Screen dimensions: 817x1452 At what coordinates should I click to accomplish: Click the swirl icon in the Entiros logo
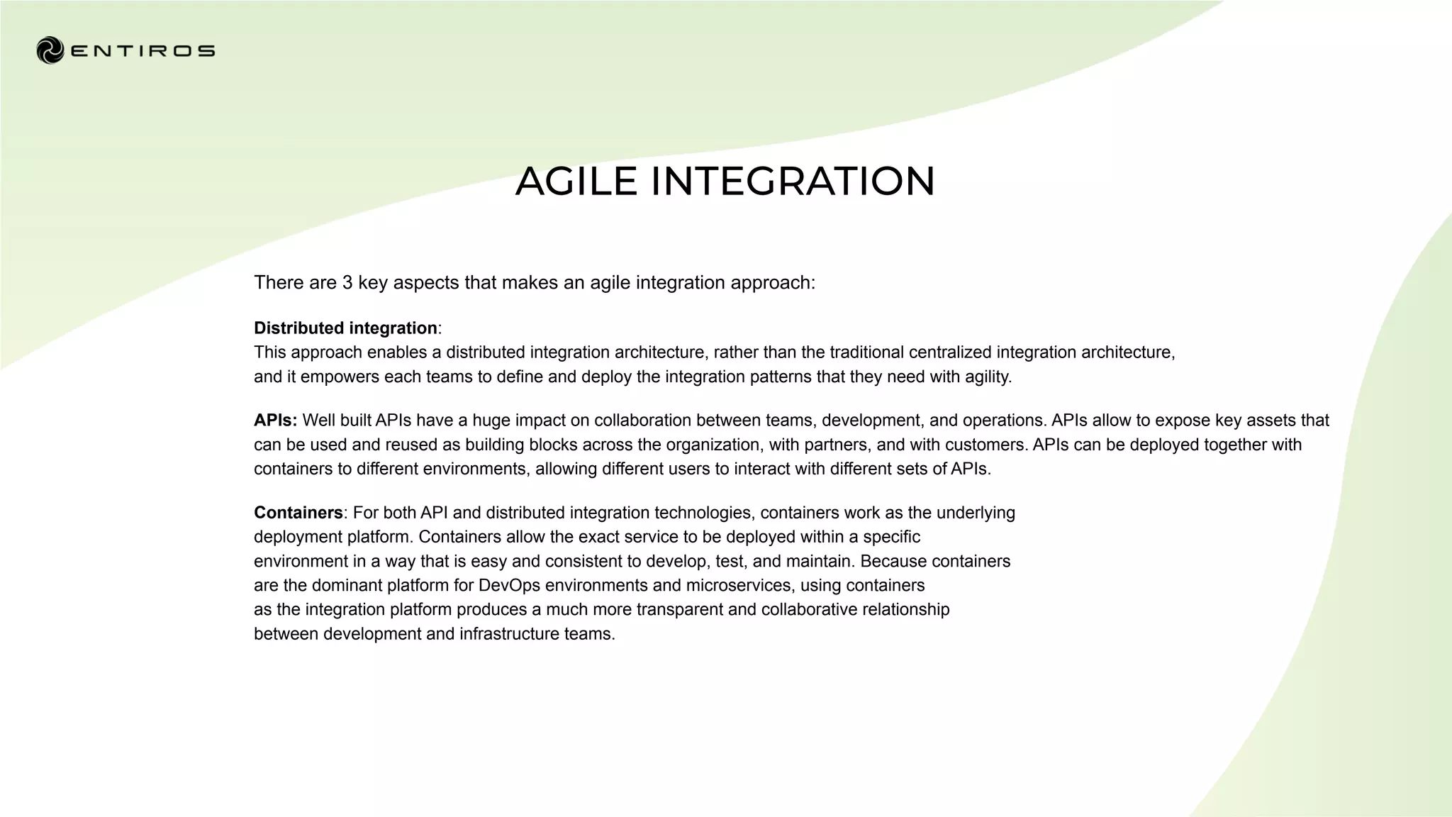pos(50,50)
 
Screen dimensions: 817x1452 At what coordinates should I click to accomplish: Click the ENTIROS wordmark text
pos(143,51)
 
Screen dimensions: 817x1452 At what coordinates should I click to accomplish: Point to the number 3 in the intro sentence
pos(347,283)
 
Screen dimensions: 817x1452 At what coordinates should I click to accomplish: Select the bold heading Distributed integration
pos(345,328)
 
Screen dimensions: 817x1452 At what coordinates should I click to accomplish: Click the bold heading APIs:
pos(275,421)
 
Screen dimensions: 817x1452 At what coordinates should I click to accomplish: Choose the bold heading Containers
pos(298,513)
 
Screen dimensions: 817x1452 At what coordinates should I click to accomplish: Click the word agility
pos(987,377)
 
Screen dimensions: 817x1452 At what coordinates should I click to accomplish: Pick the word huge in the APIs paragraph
pos(491,421)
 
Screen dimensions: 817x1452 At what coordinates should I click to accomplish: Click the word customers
pos(983,445)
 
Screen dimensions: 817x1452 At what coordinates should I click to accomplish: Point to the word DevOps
pos(509,585)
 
